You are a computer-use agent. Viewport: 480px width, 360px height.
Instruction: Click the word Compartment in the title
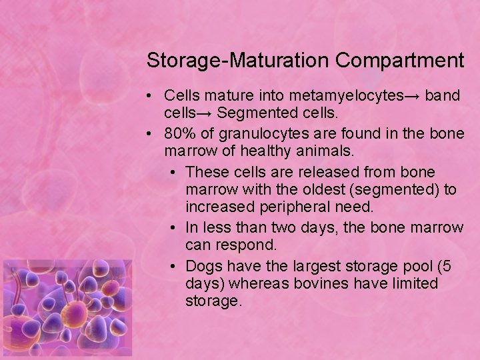tap(399, 61)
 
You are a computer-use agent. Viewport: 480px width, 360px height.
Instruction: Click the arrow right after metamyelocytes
tap(411, 95)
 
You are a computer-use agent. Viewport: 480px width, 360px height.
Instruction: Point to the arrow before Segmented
tap(206, 113)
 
